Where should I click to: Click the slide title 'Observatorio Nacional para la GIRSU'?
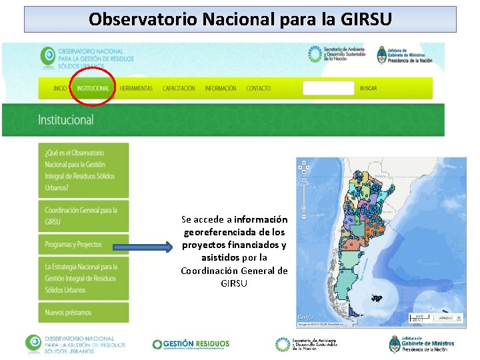pyautogui.click(x=240, y=19)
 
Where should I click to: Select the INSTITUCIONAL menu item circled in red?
pyautogui.click(x=93, y=89)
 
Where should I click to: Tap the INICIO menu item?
pyautogui.click(x=60, y=89)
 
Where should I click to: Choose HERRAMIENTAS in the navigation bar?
pyautogui.click(x=136, y=89)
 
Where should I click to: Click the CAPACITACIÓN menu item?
pyautogui.click(x=179, y=89)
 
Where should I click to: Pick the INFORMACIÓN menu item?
pyautogui.click(x=220, y=89)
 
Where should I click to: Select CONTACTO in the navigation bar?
pyautogui.click(x=258, y=89)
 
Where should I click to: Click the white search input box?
pyautogui.click(x=328, y=88)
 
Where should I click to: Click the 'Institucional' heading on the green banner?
pyautogui.click(x=66, y=121)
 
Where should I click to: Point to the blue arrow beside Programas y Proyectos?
pyautogui.click(x=143, y=247)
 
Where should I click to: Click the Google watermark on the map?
pyautogui.click(x=306, y=317)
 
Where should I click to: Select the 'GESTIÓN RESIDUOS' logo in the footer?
pyautogui.click(x=191, y=344)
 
